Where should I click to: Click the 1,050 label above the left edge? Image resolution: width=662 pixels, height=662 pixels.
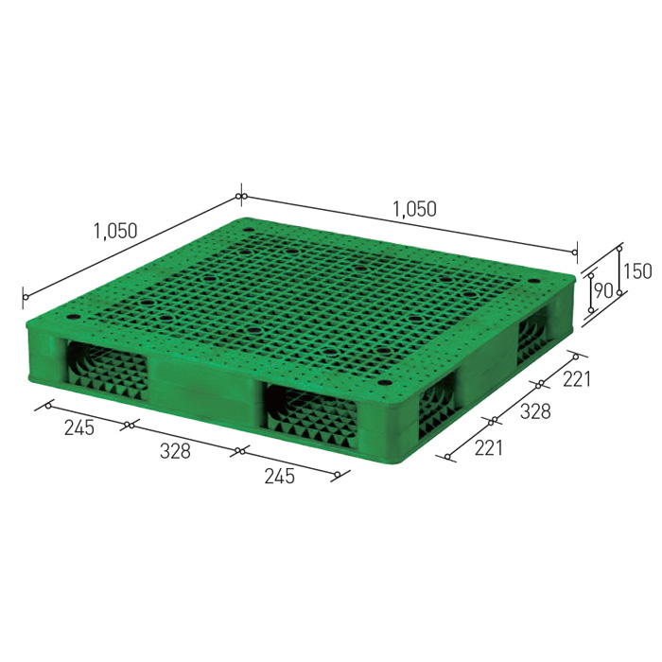pyautogui.click(x=115, y=230)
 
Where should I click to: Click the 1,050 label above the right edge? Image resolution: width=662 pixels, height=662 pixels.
pyautogui.click(x=414, y=210)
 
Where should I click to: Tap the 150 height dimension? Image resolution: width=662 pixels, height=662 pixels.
pyautogui.click(x=637, y=271)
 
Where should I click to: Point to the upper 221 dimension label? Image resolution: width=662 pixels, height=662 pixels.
pyautogui.click(x=577, y=380)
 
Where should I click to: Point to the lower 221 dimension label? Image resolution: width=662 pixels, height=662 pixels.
pyautogui.click(x=488, y=447)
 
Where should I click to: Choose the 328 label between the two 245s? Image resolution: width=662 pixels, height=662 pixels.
pyautogui.click(x=175, y=451)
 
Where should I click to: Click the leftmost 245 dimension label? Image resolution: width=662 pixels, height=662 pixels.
pyautogui.click(x=78, y=427)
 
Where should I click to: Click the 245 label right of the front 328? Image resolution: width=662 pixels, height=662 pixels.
pyautogui.click(x=280, y=476)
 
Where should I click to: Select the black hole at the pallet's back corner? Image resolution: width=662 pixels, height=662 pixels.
pyautogui.click(x=248, y=228)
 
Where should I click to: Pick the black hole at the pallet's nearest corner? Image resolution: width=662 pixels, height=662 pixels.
pyautogui.click(x=385, y=384)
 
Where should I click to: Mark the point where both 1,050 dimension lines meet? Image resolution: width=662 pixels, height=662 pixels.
pyautogui.click(x=241, y=197)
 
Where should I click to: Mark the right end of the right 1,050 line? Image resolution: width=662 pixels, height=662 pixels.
pyautogui.click(x=575, y=252)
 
